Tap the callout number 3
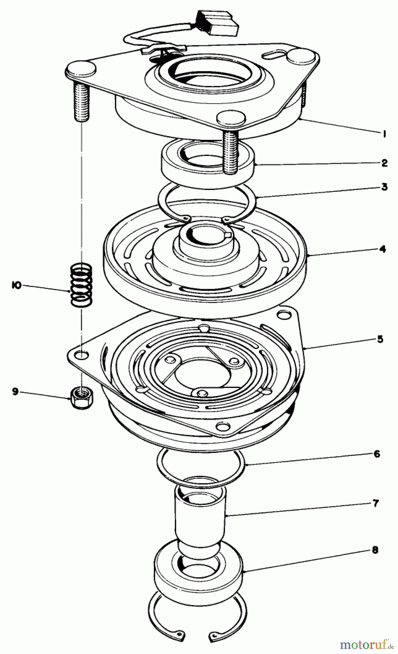[x=384, y=187]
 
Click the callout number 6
[x=377, y=454]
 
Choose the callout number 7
[x=376, y=503]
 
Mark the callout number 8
[x=375, y=550]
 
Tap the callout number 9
[x=15, y=392]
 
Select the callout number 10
[x=15, y=286]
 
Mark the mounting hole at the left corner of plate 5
[x=83, y=355]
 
